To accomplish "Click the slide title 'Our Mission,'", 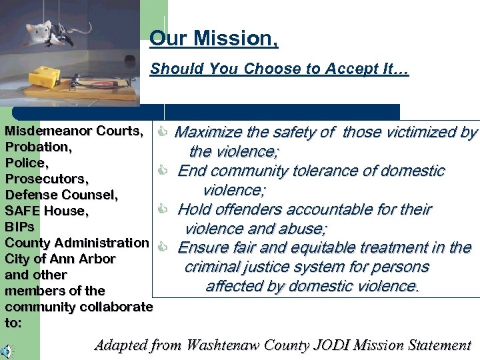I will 213,38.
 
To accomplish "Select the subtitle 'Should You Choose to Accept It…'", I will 279,69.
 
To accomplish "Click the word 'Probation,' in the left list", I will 37,147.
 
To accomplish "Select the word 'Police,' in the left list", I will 27,163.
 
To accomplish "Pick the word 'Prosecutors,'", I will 47,179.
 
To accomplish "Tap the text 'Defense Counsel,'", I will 61,195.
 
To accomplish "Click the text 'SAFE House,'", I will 47,211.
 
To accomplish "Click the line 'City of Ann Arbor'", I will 60,259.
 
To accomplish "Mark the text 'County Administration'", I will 76,243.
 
